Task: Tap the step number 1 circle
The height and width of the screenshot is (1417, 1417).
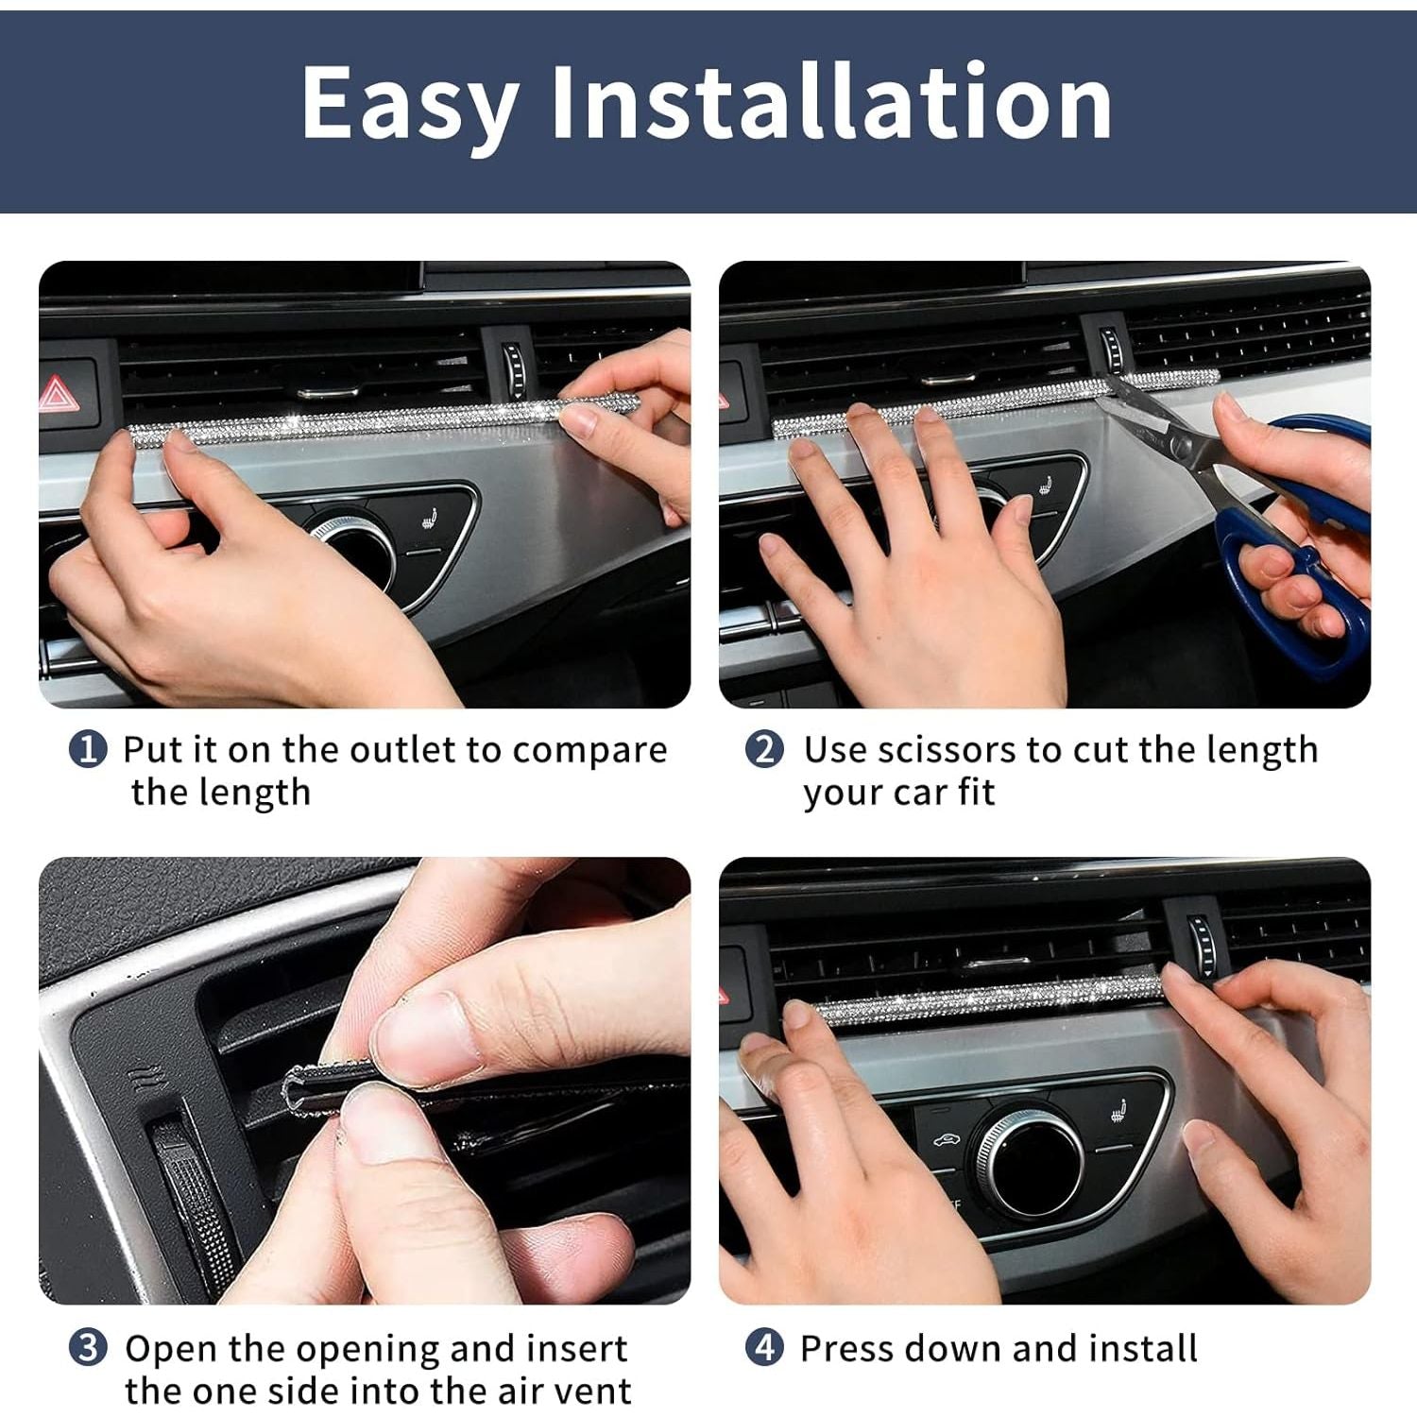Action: tap(88, 750)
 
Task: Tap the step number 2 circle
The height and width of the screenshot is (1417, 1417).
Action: tap(765, 750)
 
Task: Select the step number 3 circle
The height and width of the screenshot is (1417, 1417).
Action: tap(88, 1348)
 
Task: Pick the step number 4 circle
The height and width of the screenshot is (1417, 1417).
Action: tap(765, 1348)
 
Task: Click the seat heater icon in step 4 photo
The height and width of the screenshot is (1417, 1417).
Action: tap(1120, 1113)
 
